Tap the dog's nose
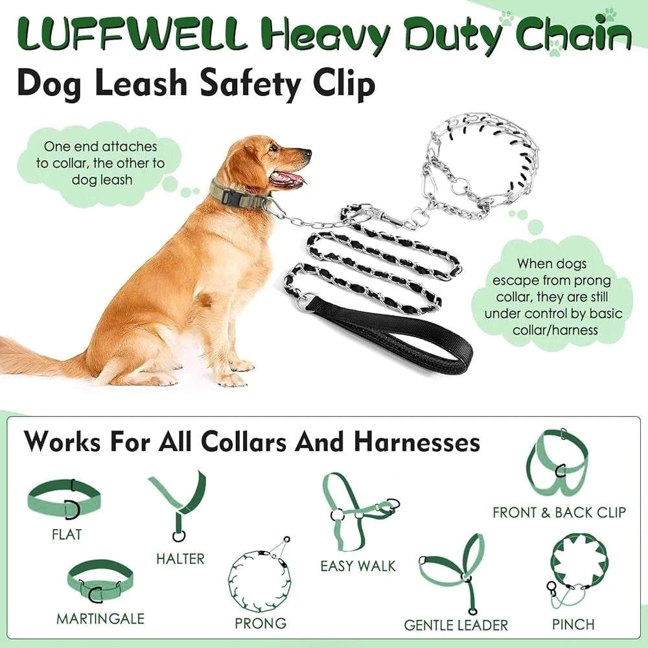click(307, 154)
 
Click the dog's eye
click(273, 149)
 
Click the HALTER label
click(180, 558)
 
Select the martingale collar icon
click(100, 580)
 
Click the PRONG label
click(260, 623)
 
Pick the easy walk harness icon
click(356, 509)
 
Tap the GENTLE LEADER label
click(456, 625)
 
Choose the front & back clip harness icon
click(557, 460)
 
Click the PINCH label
click(573, 624)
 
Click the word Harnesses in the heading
click(417, 442)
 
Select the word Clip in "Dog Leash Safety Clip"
click(345, 84)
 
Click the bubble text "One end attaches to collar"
click(100, 163)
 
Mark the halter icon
click(178, 502)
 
